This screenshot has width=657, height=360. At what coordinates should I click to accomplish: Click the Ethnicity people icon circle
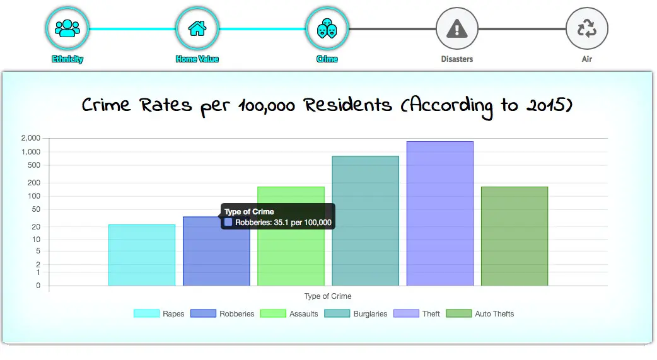pos(67,28)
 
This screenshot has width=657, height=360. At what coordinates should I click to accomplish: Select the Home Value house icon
pos(197,28)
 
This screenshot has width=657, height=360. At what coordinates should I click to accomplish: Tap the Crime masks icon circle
pos(327,28)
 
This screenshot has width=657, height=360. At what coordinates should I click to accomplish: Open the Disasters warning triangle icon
pos(457,28)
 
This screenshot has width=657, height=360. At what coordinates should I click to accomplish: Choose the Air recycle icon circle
pos(587,28)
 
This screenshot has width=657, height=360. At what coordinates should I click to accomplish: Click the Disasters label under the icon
pos(457,59)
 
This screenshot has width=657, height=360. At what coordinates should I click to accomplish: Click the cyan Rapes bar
pos(142,255)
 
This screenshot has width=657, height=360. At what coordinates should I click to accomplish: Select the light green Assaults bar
pos(291,236)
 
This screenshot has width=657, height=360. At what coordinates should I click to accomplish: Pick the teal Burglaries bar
pos(365,221)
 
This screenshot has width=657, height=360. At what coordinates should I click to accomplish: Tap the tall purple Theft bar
pos(439,214)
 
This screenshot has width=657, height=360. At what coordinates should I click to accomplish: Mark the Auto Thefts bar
pos(515,236)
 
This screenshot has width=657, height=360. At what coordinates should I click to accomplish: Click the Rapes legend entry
pos(160,314)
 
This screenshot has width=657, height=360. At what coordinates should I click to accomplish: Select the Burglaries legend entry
pos(356,314)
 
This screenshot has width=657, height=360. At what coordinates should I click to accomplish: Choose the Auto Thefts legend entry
pos(480,314)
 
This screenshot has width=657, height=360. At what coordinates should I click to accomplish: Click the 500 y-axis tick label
pos(35,166)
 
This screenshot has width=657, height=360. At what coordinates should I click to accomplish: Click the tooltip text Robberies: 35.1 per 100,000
pos(284,223)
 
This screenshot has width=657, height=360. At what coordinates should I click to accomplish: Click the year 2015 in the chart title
pos(543,105)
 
